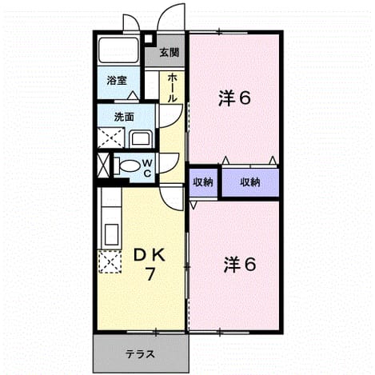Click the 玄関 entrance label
click(x=169, y=53)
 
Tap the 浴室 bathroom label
click(x=117, y=80)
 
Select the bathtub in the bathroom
click(x=118, y=50)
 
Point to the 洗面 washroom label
click(x=124, y=117)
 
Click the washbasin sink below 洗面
click(x=141, y=139)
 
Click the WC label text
click(x=147, y=168)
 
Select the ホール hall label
click(x=172, y=88)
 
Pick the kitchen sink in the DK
click(x=111, y=235)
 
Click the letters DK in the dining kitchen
click(x=150, y=256)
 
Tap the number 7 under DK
click(x=150, y=273)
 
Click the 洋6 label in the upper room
click(x=234, y=98)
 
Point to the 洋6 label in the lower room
click(x=240, y=265)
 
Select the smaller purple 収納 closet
click(x=203, y=183)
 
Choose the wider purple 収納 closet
click(x=250, y=182)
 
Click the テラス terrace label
click(x=140, y=354)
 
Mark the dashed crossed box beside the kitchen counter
click(x=110, y=261)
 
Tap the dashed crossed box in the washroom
click(x=111, y=138)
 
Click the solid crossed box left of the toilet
click(x=103, y=166)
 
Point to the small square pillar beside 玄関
click(x=148, y=38)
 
